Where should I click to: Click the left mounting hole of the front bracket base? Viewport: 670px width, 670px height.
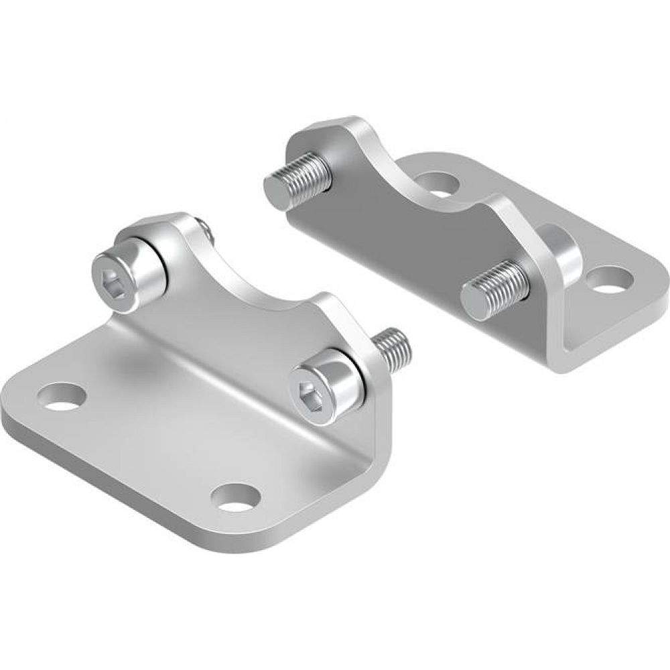tap(63, 395)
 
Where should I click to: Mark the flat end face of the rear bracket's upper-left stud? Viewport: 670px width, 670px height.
tap(275, 184)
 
